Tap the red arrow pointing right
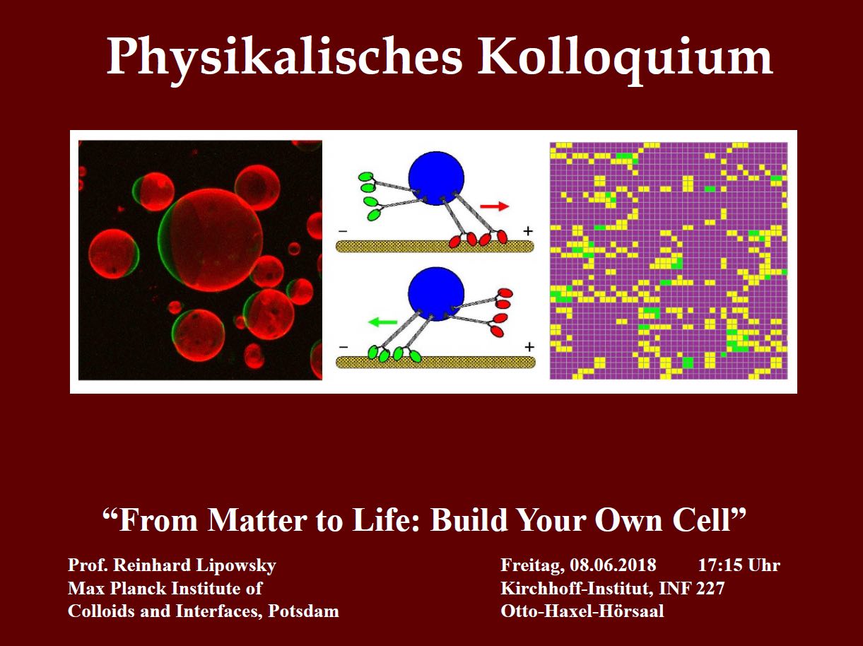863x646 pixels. tap(495, 206)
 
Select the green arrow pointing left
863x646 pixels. tap(383, 322)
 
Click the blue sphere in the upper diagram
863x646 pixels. tap(436, 179)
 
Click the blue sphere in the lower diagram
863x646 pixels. tap(436, 294)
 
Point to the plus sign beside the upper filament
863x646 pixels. tap(528, 231)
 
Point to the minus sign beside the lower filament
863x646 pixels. tap(344, 347)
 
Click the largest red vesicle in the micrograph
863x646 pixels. tap(211, 240)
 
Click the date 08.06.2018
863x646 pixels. tap(613, 565)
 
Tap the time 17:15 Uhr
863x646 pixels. tap(739, 565)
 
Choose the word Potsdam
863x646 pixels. tap(303, 611)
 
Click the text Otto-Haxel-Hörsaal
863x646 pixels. tap(582, 611)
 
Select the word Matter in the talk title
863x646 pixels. tap(257, 521)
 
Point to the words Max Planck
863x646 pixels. tap(117, 589)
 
